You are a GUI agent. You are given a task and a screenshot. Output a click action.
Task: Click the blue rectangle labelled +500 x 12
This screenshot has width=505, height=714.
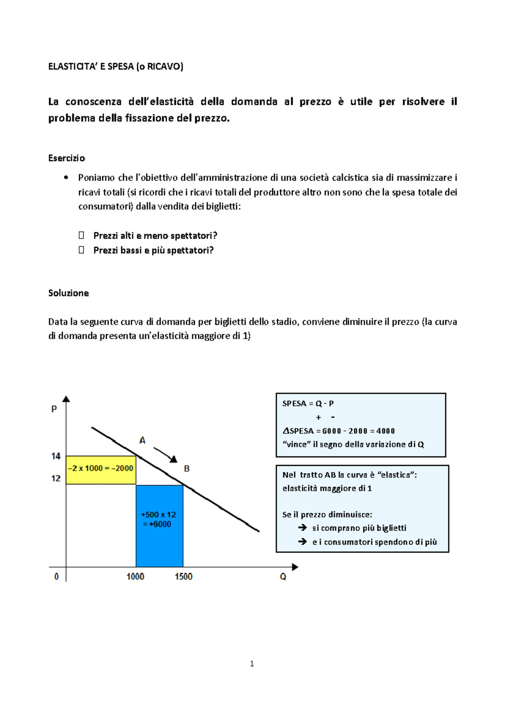click(159, 526)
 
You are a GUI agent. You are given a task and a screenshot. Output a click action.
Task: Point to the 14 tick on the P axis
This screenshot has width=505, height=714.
click(56, 456)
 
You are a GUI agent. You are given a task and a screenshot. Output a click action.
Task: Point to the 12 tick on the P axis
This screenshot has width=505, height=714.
click(56, 479)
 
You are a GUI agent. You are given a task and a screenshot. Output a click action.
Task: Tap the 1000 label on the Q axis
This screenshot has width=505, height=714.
click(136, 576)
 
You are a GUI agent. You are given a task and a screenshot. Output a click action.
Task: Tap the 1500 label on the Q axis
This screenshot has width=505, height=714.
click(183, 576)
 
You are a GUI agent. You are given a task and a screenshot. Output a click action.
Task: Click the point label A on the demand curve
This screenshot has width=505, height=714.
click(142, 440)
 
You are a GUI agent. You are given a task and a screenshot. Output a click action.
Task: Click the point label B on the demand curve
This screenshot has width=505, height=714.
click(187, 468)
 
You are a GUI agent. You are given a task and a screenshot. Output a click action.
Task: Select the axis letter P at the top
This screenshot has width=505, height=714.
click(54, 409)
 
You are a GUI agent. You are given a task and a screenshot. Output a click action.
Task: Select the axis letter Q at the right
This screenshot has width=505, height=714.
click(283, 577)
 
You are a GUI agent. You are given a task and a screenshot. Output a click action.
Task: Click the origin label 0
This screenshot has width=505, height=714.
click(56, 576)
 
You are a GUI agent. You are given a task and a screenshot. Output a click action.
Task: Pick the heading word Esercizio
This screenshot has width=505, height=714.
click(66, 158)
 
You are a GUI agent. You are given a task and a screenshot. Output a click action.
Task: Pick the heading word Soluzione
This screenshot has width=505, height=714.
click(69, 293)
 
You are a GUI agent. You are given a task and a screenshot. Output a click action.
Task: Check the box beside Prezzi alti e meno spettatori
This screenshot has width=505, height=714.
click(81, 235)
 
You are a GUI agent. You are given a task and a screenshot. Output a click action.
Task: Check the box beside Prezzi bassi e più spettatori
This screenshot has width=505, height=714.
click(81, 250)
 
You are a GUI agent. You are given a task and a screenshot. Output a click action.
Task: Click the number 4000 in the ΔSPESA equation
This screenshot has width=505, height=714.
click(385, 431)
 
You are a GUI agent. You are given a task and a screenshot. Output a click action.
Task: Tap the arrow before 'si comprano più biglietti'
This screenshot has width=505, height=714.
click(303, 528)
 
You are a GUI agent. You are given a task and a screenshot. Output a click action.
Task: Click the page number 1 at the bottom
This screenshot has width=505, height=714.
click(252, 664)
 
